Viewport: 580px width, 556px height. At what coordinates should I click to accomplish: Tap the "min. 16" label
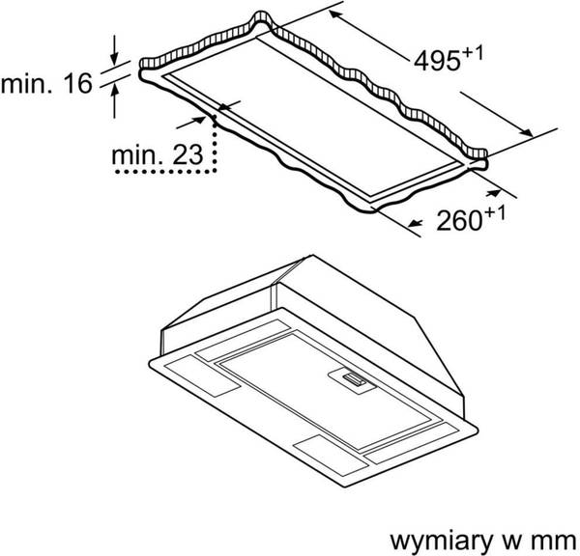[x=45, y=84]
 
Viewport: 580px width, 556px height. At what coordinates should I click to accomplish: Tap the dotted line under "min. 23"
[x=169, y=171]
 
